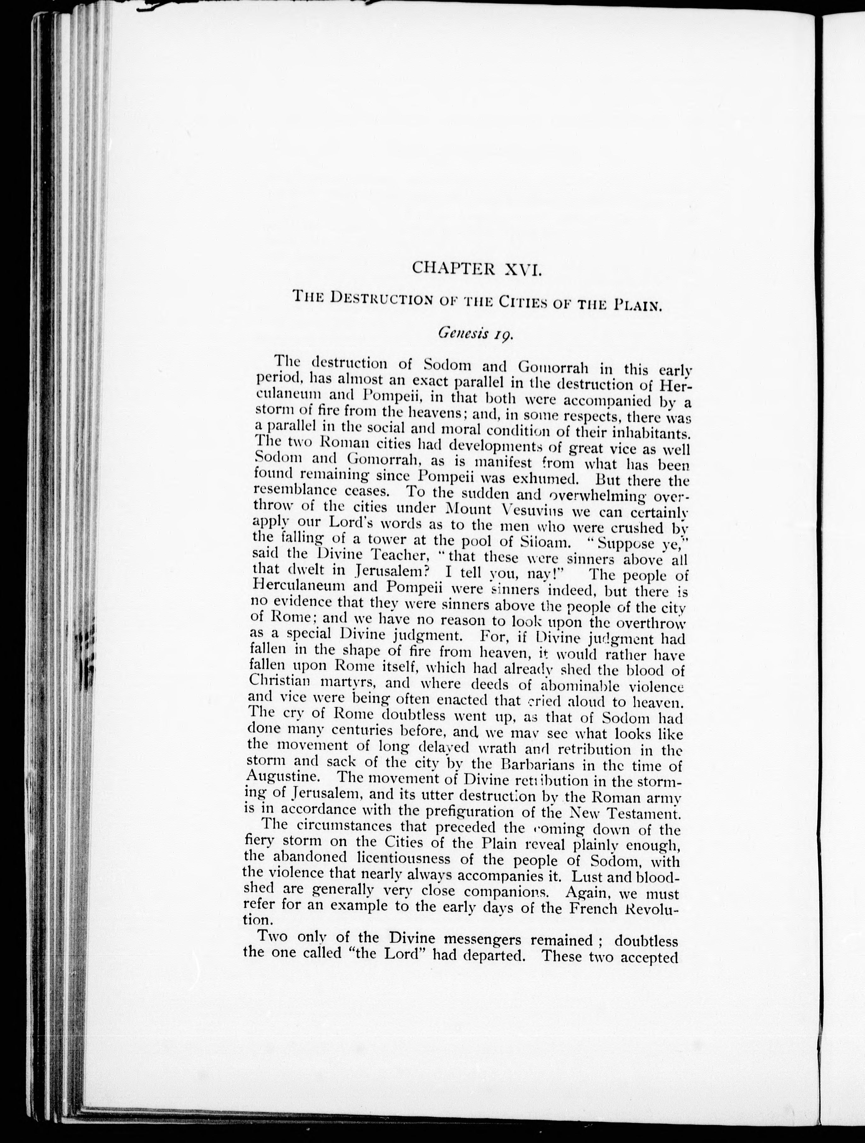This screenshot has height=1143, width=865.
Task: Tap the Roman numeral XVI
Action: pyautogui.click(x=523, y=269)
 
